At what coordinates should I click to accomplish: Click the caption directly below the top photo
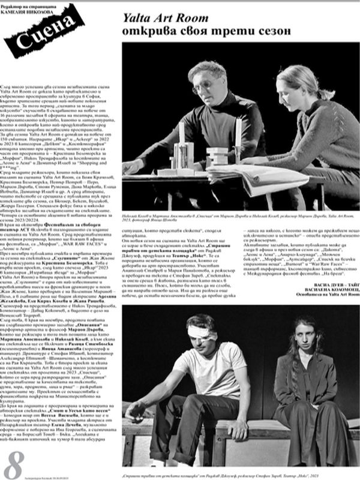241,216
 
